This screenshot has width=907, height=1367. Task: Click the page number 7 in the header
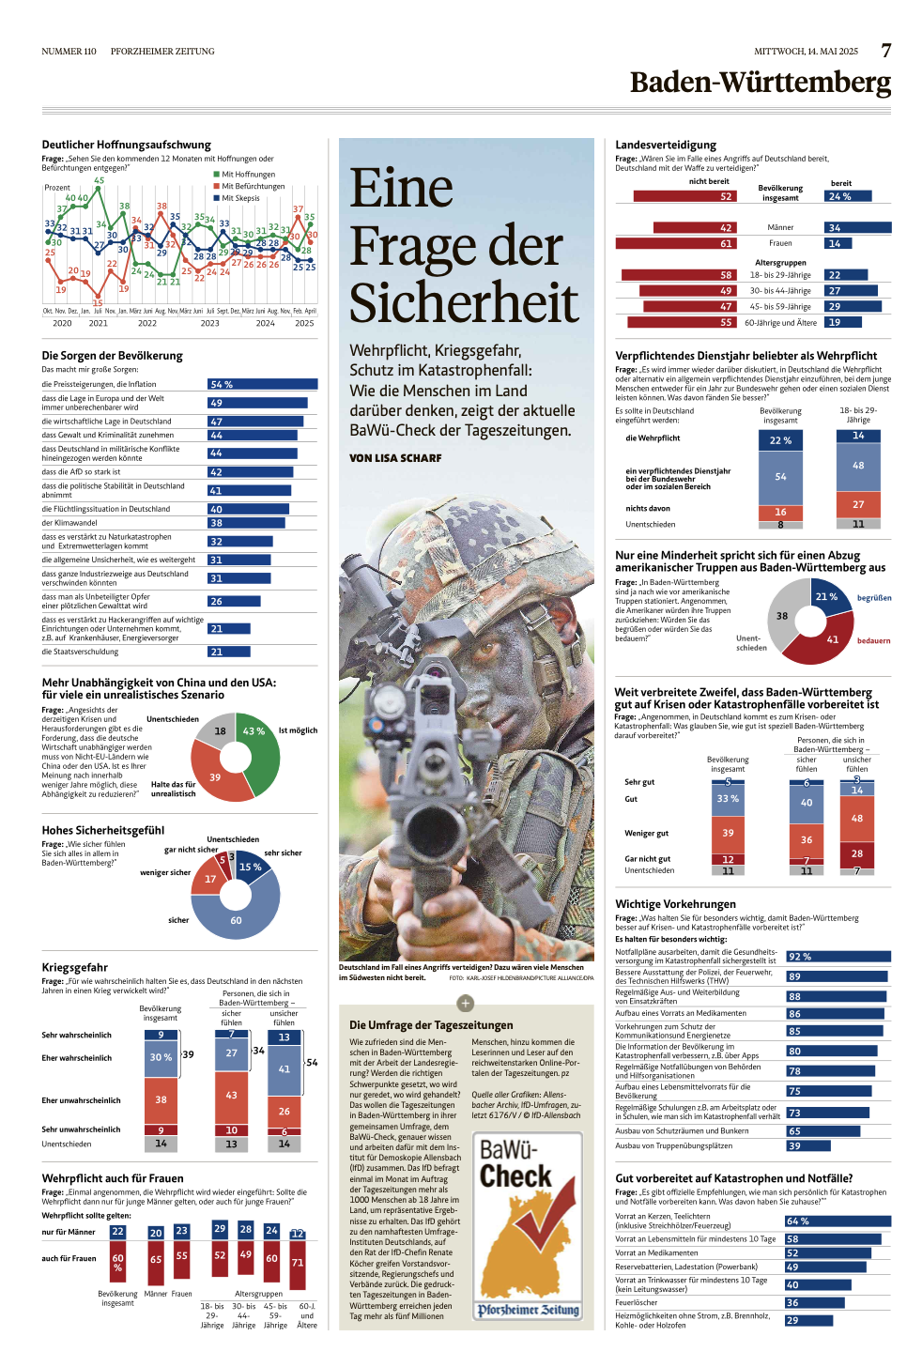click(885, 51)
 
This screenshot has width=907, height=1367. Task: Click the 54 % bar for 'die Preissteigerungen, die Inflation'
click(262, 384)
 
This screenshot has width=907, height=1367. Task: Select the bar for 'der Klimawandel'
click(246, 523)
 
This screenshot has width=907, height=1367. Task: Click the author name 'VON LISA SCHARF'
click(395, 458)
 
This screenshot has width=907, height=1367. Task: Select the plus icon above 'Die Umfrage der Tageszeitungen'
click(465, 1003)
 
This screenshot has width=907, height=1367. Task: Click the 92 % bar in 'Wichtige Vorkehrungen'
click(838, 957)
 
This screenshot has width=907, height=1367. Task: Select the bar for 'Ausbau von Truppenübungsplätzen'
click(807, 1145)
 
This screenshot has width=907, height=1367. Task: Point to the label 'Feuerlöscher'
click(637, 1302)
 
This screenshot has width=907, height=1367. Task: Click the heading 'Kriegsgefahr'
click(75, 967)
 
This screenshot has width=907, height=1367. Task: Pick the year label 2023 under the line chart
click(209, 323)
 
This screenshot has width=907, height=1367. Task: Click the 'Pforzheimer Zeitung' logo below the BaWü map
click(528, 1310)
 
